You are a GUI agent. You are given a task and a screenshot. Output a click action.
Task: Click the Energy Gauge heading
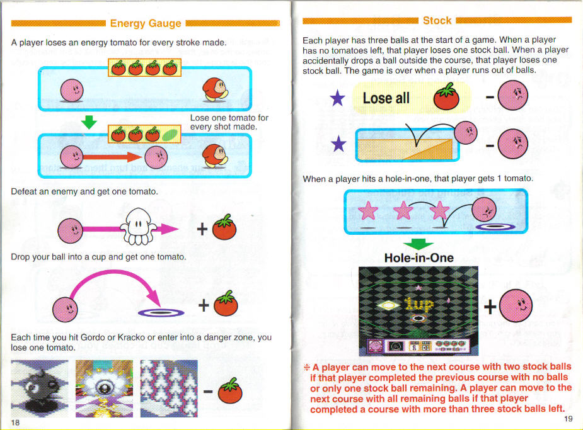pos(146,23)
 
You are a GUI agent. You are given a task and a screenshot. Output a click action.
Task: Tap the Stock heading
pos(437,20)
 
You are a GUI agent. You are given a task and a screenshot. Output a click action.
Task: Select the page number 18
pos(15,422)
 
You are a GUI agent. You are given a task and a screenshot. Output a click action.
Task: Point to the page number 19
pos(568,419)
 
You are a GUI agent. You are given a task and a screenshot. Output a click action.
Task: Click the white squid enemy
pos(138,227)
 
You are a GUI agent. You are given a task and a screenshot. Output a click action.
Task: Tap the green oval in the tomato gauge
pos(170,135)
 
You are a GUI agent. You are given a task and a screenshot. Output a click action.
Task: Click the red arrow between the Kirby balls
pos(112,157)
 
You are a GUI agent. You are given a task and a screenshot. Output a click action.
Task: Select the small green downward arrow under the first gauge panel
pos(89,122)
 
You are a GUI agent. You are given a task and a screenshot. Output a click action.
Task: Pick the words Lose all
pos(386,98)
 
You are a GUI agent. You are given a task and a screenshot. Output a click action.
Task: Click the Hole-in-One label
pos(418,257)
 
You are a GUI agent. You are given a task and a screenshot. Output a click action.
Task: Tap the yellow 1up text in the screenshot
pos(418,305)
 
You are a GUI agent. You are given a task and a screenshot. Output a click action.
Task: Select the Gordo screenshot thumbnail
pos(40,388)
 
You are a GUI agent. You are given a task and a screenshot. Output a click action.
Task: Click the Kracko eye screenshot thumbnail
pos(104,388)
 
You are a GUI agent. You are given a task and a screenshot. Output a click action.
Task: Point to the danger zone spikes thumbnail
pos(169,388)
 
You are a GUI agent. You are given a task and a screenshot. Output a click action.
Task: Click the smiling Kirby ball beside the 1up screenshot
pos(516,305)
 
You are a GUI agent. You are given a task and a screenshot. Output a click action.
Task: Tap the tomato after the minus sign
pos(230,390)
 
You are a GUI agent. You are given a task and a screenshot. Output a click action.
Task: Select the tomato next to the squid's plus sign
pos(224,227)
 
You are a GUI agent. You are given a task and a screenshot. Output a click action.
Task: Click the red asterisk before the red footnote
pos(306,368)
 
